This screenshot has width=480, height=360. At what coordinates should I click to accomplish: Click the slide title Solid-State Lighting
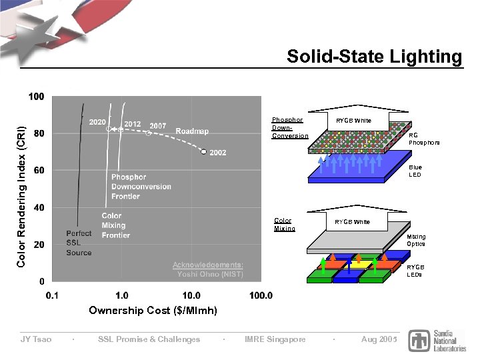click(x=374, y=57)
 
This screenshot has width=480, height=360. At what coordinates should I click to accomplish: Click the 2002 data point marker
click(x=204, y=152)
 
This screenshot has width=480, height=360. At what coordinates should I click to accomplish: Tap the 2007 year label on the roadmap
click(x=158, y=125)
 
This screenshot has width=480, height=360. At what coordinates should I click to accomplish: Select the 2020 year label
click(x=98, y=121)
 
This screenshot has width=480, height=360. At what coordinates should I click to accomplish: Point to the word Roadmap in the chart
click(x=192, y=131)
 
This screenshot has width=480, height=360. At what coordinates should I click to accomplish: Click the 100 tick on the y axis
click(x=37, y=97)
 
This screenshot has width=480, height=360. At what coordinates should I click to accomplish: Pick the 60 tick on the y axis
click(x=39, y=170)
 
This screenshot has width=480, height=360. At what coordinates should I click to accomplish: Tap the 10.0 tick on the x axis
click(x=191, y=295)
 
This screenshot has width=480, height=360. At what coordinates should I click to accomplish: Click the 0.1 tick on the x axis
click(x=54, y=295)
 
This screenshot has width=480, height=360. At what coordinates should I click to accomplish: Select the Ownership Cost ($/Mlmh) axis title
click(x=153, y=311)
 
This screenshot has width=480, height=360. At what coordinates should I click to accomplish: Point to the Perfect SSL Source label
click(x=79, y=243)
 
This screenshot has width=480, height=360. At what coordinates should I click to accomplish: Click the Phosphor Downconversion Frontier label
click(x=141, y=187)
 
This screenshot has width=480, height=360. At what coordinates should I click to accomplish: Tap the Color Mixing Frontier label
click(x=115, y=225)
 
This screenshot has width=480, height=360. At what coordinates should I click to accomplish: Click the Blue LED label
click(x=415, y=171)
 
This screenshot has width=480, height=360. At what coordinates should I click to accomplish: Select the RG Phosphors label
click(x=424, y=139)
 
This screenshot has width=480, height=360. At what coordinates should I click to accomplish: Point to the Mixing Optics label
click(x=416, y=240)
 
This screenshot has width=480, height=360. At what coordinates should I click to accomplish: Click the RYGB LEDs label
click(x=415, y=271)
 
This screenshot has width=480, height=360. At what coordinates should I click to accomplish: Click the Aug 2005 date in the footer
click(x=379, y=339)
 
